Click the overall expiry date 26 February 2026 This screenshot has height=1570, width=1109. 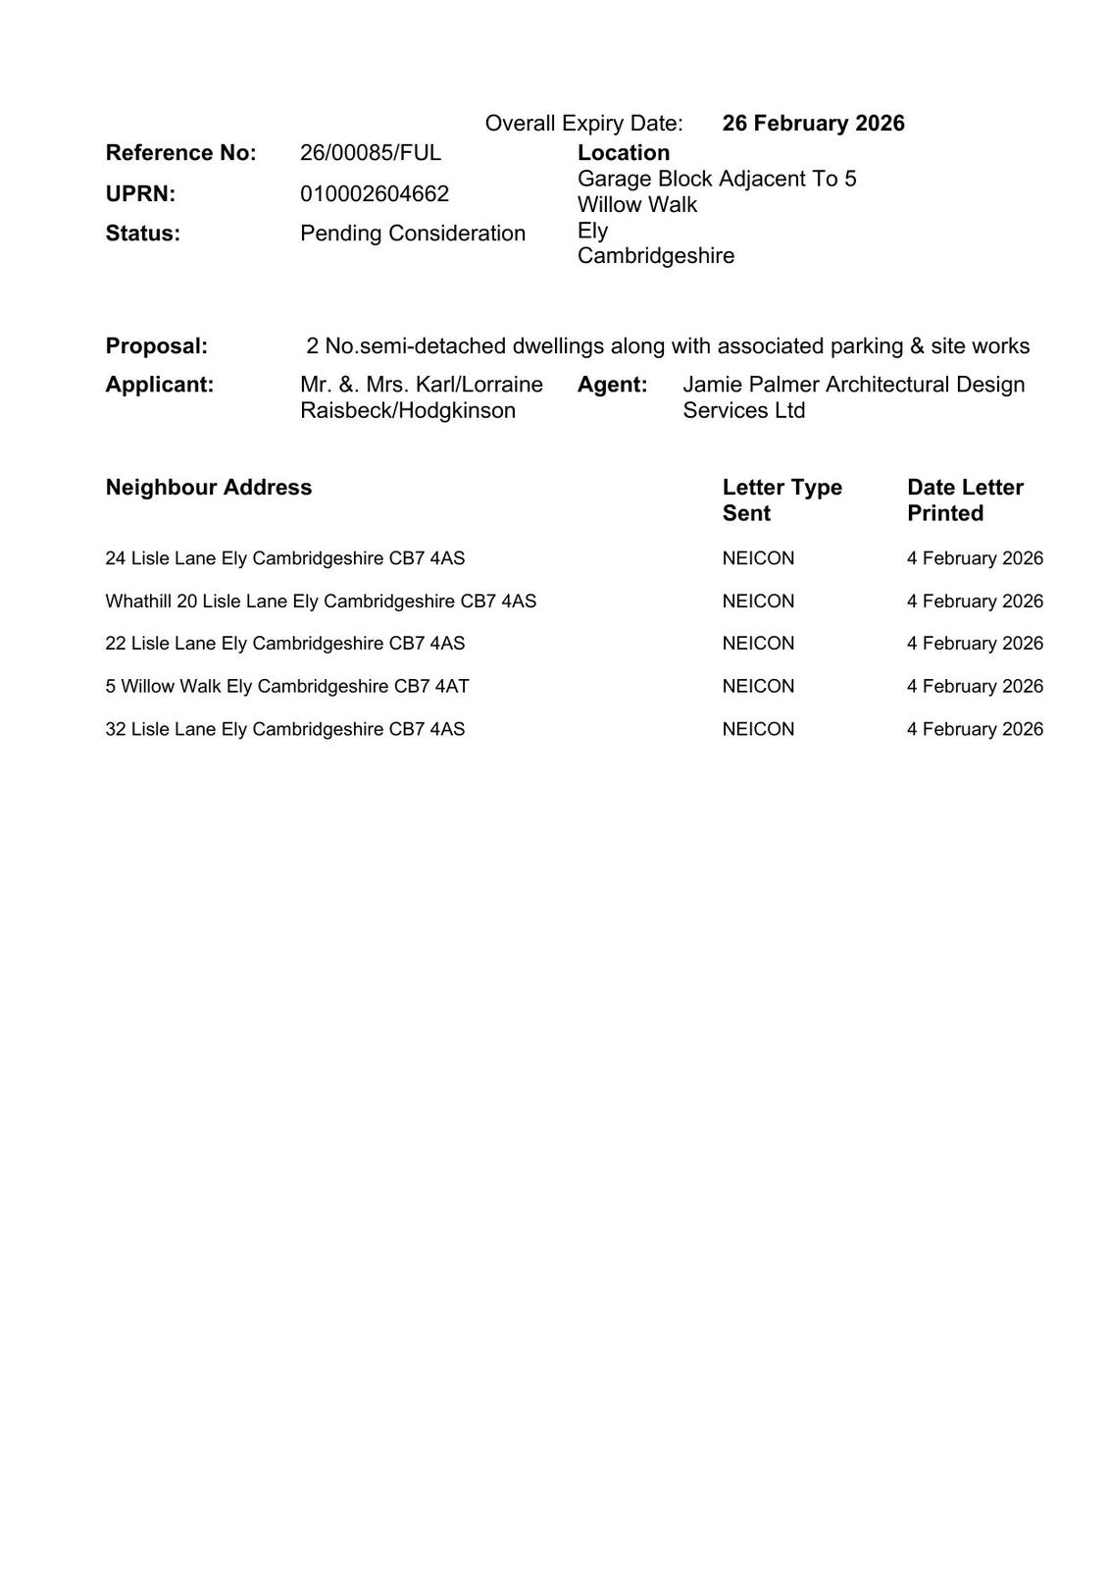(x=813, y=124)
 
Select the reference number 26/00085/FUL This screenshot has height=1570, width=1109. (x=371, y=153)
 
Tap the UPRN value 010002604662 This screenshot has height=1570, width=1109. (x=375, y=194)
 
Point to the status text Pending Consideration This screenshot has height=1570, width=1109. (x=413, y=234)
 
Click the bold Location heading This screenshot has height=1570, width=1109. (x=624, y=153)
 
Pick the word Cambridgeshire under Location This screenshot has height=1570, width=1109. (x=655, y=256)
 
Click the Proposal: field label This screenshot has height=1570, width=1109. (x=157, y=346)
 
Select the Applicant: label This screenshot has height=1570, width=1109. (x=160, y=385)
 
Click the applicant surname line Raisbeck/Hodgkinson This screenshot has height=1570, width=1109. (x=408, y=411)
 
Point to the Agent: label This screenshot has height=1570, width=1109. (x=612, y=385)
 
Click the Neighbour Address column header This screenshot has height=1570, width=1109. (x=209, y=488)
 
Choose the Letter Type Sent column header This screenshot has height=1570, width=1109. (x=781, y=500)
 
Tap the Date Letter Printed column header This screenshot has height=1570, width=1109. (x=965, y=500)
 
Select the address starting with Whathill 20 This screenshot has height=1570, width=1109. (x=321, y=602)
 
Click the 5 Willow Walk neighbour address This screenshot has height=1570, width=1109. (x=287, y=687)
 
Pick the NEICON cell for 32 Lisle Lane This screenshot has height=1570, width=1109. (x=758, y=729)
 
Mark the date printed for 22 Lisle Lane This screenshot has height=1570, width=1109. (x=975, y=644)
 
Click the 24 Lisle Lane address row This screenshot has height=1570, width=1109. (x=285, y=559)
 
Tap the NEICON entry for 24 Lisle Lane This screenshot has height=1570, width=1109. (x=758, y=559)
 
